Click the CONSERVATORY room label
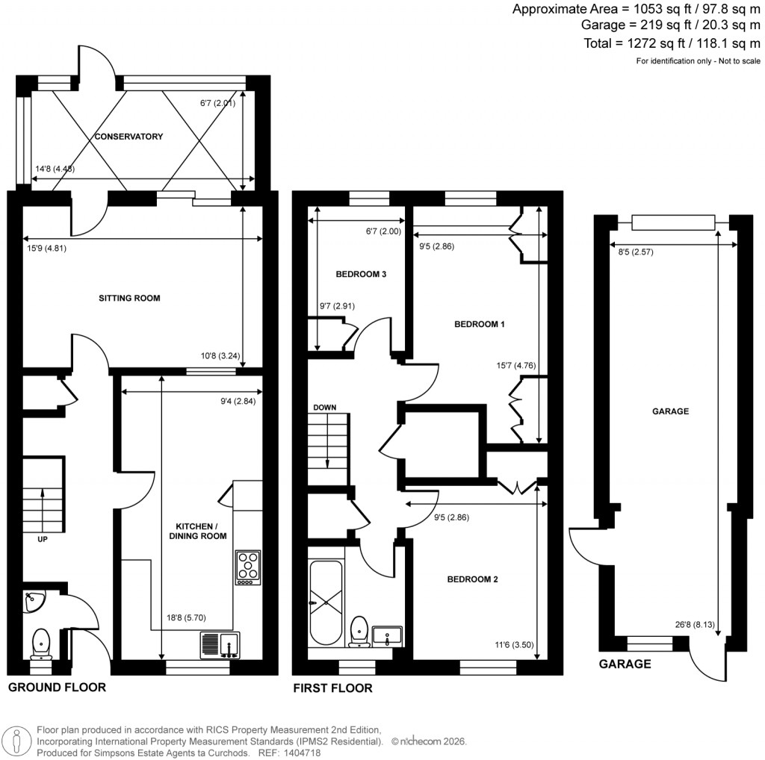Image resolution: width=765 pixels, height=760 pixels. (x=128, y=137)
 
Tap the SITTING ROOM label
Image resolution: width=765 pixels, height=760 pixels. (x=130, y=298)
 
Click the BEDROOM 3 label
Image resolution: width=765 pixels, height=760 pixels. (x=361, y=274)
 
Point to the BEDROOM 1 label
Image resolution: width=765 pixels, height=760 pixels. (x=480, y=324)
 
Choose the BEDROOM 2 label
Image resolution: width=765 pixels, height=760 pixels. (x=473, y=579)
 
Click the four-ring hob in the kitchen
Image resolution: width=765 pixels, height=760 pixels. (x=248, y=567)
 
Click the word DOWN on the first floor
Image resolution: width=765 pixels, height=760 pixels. (x=325, y=408)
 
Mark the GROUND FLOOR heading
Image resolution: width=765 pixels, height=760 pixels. (x=57, y=687)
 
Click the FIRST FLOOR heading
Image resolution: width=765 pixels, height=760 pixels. (x=333, y=688)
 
